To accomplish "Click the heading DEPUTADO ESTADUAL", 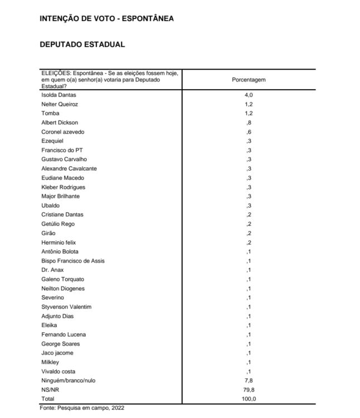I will coord(82,44).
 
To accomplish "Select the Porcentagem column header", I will coord(249,80).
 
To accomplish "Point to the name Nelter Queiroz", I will coord(60,104).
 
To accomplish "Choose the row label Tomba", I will coord(50,114).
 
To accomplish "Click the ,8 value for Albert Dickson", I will coord(249,123).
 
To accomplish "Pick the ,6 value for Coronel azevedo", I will coord(249,132).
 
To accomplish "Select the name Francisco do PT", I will coord(61,150).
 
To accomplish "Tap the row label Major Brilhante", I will coord(60,196).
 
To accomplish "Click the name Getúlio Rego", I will coord(58,224).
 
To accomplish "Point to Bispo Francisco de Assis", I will coord(73,261).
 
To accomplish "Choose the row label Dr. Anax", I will coord(52,270).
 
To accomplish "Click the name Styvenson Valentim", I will coord(66,307).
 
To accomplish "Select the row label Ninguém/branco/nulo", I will coord(65,381).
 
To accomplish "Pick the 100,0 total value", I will coord(249,399).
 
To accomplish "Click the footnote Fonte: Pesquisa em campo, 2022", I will coord(82,409).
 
